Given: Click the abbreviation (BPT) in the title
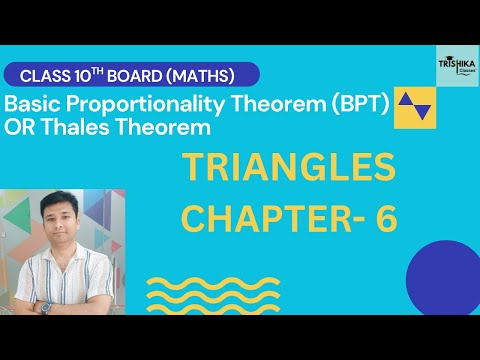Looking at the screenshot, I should pyautogui.click(x=352, y=102).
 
